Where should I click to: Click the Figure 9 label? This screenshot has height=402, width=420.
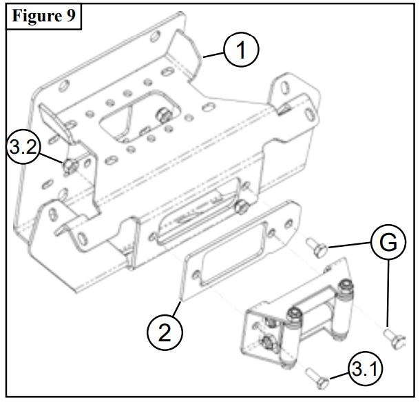tap(43, 17)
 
